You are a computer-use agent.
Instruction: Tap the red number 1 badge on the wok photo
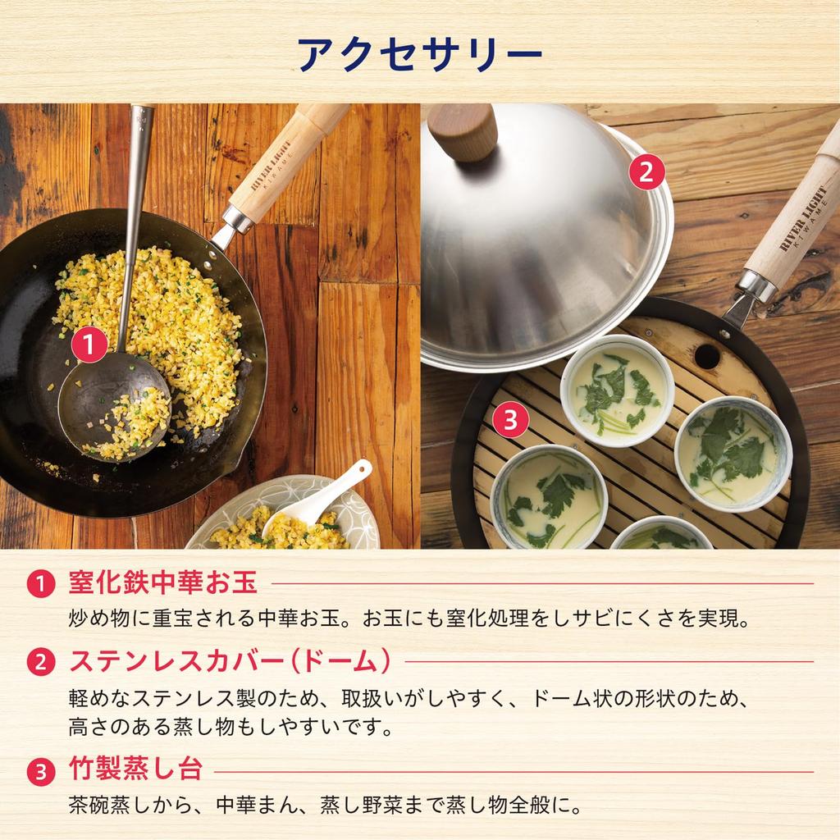click(x=89, y=345)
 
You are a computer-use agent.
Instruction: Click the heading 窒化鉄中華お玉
click(x=163, y=583)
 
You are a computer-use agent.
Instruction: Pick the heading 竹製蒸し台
click(x=135, y=770)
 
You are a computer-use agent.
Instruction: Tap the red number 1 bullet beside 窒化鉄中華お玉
click(x=40, y=584)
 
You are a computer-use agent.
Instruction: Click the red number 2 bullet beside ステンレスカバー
click(x=40, y=662)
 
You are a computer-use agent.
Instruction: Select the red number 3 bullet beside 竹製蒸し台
click(x=40, y=771)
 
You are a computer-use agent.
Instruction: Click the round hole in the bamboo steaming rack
click(x=707, y=355)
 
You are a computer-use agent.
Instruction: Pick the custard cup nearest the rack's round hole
click(x=618, y=390)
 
